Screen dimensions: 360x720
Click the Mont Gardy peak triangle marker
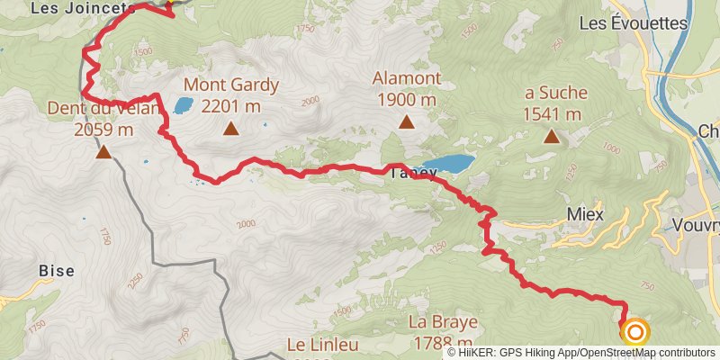[x=231, y=129]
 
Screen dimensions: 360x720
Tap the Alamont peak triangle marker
[x=406, y=121]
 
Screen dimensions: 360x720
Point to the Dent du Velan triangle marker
[x=104, y=151]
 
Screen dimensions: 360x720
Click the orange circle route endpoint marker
[x=635, y=333]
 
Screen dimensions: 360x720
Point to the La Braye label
[x=441, y=323]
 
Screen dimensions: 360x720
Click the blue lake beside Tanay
[x=447, y=164]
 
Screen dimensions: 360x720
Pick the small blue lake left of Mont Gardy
[x=183, y=106]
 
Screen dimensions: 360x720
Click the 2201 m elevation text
[x=231, y=106]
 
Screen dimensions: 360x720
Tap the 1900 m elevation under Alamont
[x=407, y=99]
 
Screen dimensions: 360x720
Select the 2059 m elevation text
[x=104, y=130]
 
